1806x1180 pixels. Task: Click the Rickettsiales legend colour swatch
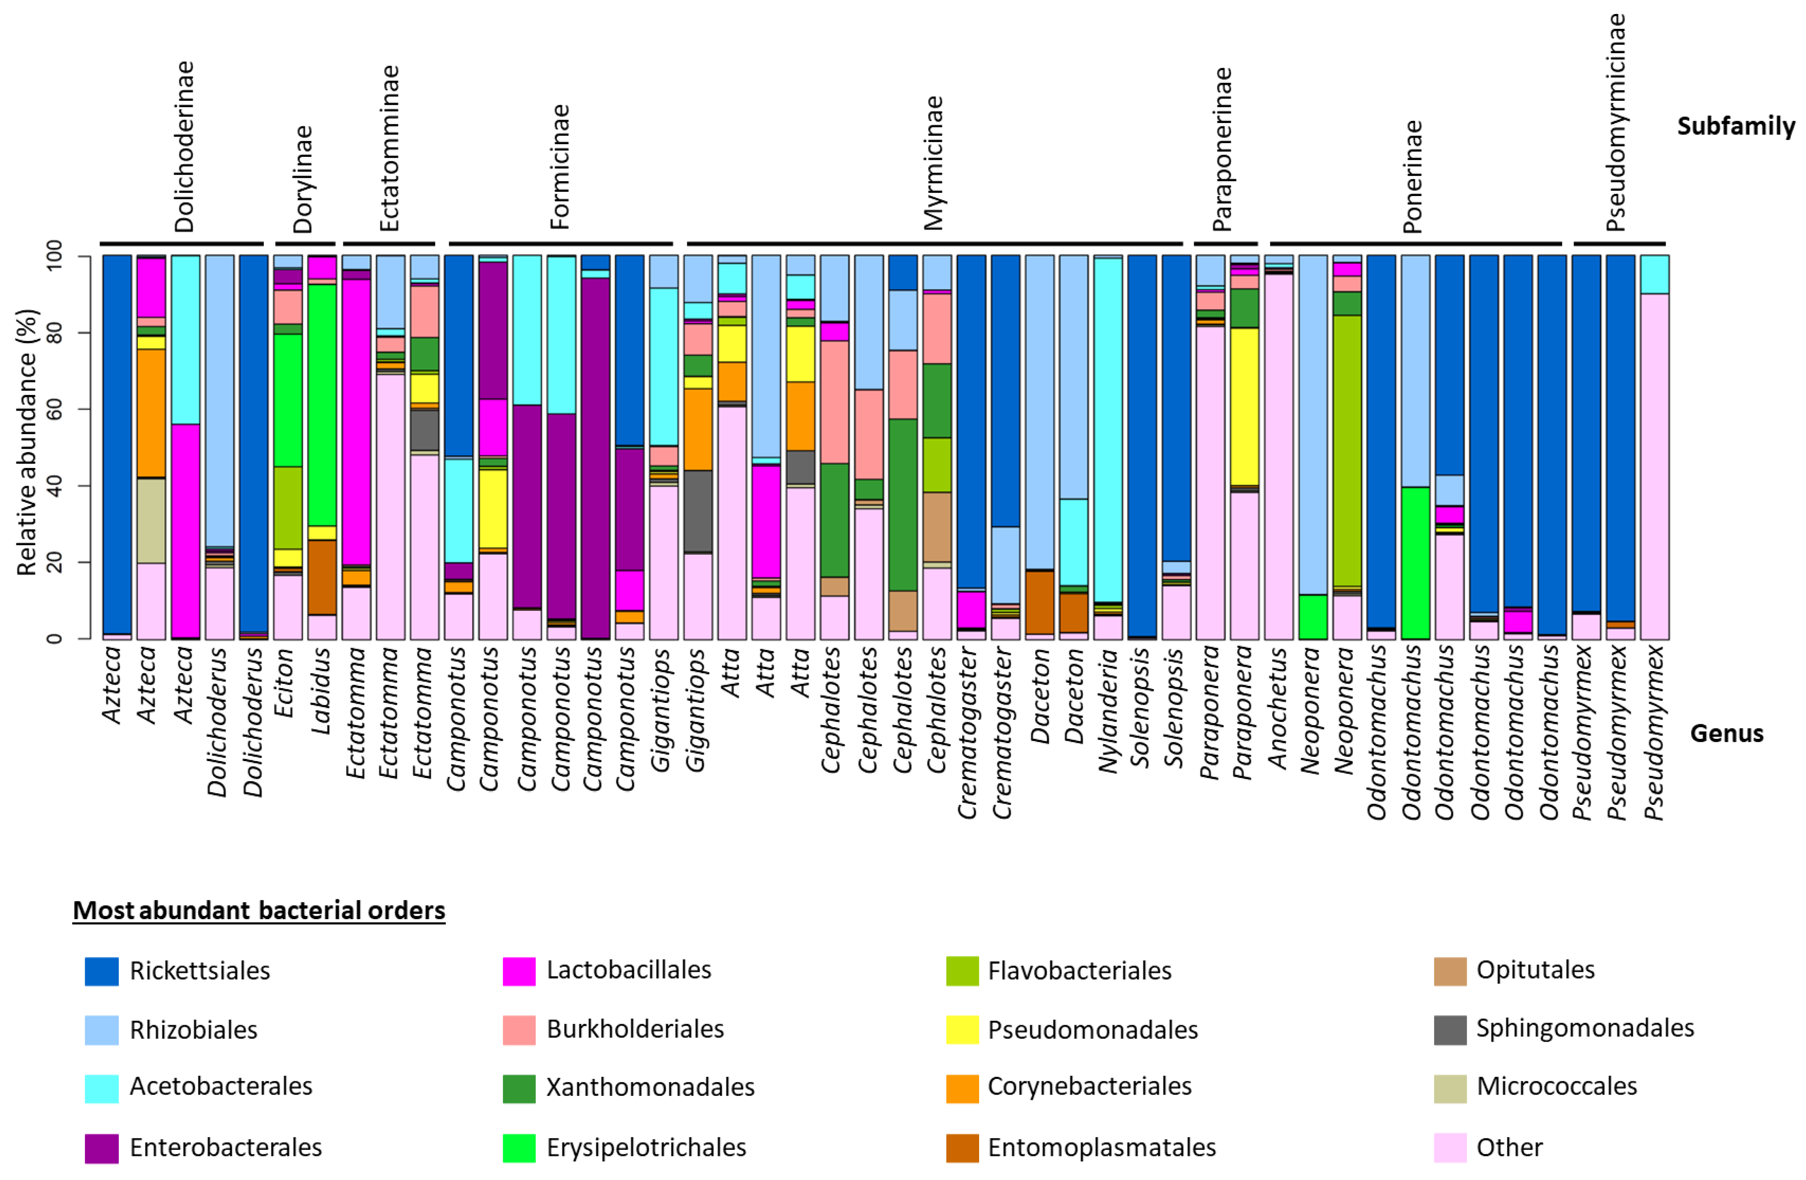pos(102,971)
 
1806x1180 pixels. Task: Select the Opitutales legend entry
pos(1535,970)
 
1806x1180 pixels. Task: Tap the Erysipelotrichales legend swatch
pos(519,1147)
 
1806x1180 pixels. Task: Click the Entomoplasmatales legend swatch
pos(962,1147)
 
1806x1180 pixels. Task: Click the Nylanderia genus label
pos(1109,709)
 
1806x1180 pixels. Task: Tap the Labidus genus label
pos(321,691)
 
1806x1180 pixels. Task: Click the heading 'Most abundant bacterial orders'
pos(259,910)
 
